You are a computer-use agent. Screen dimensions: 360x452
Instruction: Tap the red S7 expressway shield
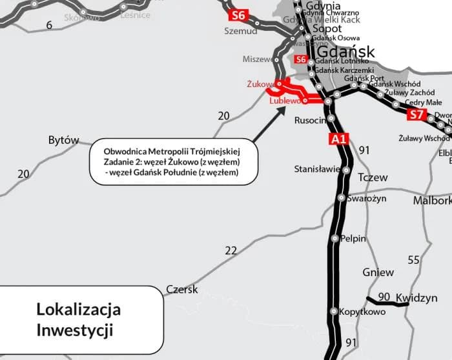(x=416, y=115)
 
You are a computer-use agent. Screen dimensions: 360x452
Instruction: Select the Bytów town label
(x=63, y=140)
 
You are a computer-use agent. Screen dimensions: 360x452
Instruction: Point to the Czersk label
(x=182, y=290)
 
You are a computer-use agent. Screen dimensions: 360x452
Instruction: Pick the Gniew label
(x=378, y=272)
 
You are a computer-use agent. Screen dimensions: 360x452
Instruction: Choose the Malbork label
(x=432, y=201)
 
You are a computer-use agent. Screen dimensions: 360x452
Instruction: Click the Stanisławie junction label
(x=317, y=170)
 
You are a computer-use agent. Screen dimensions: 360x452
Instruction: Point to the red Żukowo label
(x=260, y=84)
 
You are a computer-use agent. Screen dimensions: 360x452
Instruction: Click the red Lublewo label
(x=285, y=101)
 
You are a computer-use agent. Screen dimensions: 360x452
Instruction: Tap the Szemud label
(x=240, y=30)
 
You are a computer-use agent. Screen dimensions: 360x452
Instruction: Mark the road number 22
(x=231, y=250)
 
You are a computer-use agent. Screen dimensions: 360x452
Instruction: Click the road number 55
(x=414, y=260)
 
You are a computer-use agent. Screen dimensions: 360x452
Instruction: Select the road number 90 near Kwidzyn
(x=384, y=296)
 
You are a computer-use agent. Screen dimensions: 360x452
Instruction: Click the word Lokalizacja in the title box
(x=78, y=309)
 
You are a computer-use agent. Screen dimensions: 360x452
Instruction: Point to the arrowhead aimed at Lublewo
(x=282, y=108)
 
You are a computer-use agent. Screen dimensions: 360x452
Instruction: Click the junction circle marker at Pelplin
(x=334, y=239)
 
